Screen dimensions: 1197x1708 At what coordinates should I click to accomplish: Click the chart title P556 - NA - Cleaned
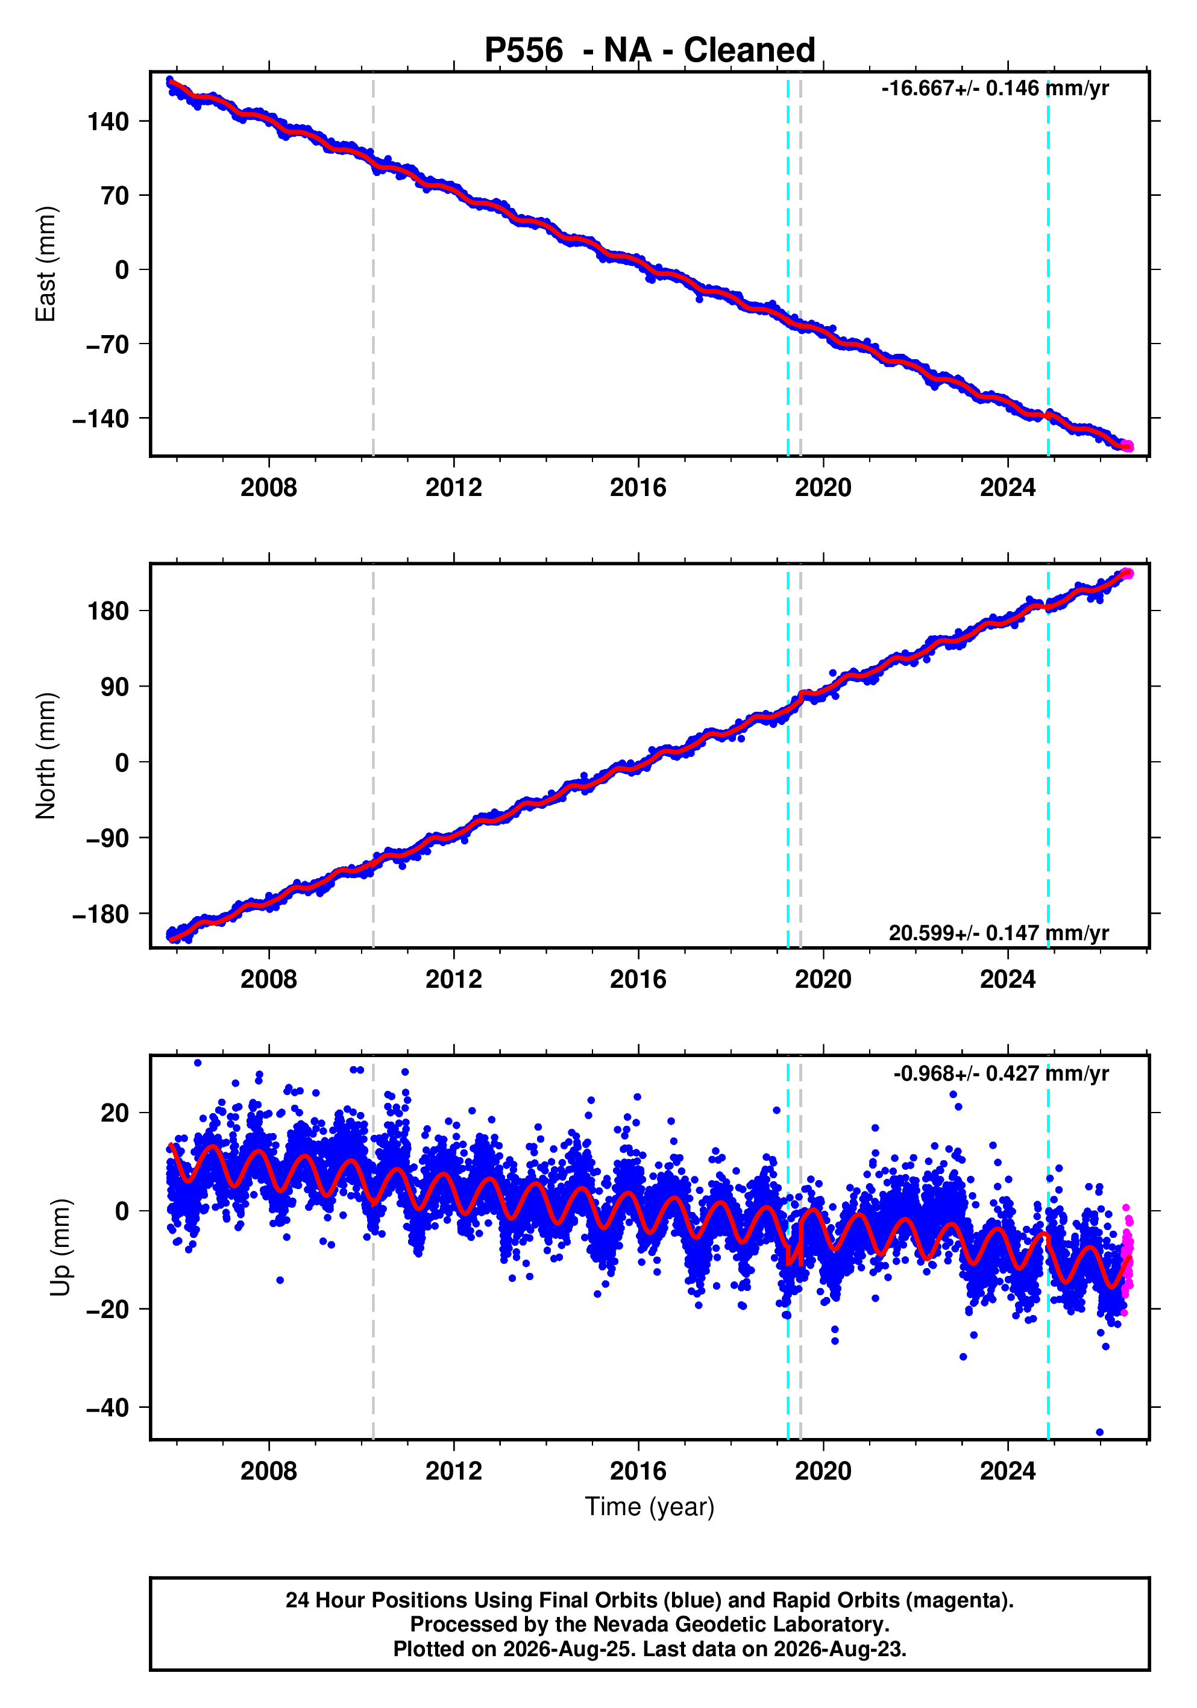(650, 50)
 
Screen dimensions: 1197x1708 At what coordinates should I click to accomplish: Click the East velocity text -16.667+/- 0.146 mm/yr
(994, 89)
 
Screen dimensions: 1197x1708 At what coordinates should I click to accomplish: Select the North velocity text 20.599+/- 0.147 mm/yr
(998, 933)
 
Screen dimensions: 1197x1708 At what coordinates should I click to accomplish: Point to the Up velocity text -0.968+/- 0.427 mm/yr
(1001, 1073)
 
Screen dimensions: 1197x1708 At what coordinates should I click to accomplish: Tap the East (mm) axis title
(45, 264)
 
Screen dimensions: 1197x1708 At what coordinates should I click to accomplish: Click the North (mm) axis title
(45, 756)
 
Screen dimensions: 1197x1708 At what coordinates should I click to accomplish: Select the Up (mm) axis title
(60, 1248)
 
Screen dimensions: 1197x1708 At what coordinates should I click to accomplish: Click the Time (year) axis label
(650, 1506)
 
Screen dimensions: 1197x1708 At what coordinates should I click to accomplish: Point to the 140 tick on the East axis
(108, 121)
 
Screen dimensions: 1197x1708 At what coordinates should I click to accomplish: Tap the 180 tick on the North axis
(108, 612)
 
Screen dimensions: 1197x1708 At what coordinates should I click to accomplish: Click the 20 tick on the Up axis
(115, 1114)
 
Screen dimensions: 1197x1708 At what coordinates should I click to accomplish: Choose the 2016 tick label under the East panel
(638, 488)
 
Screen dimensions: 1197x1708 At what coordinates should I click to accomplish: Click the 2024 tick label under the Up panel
(1008, 1471)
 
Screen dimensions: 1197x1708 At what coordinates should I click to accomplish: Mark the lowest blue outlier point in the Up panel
(1099, 1432)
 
